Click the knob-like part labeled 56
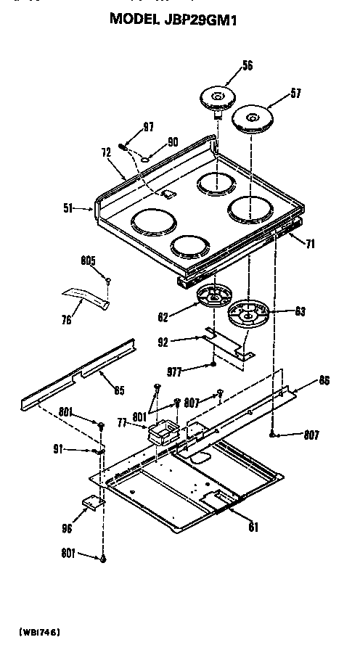(x=217, y=96)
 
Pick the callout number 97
(x=149, y=128)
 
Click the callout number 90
(x=172, y=142)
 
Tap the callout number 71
(x=311, y=245)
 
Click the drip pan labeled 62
(x=214, y=297)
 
